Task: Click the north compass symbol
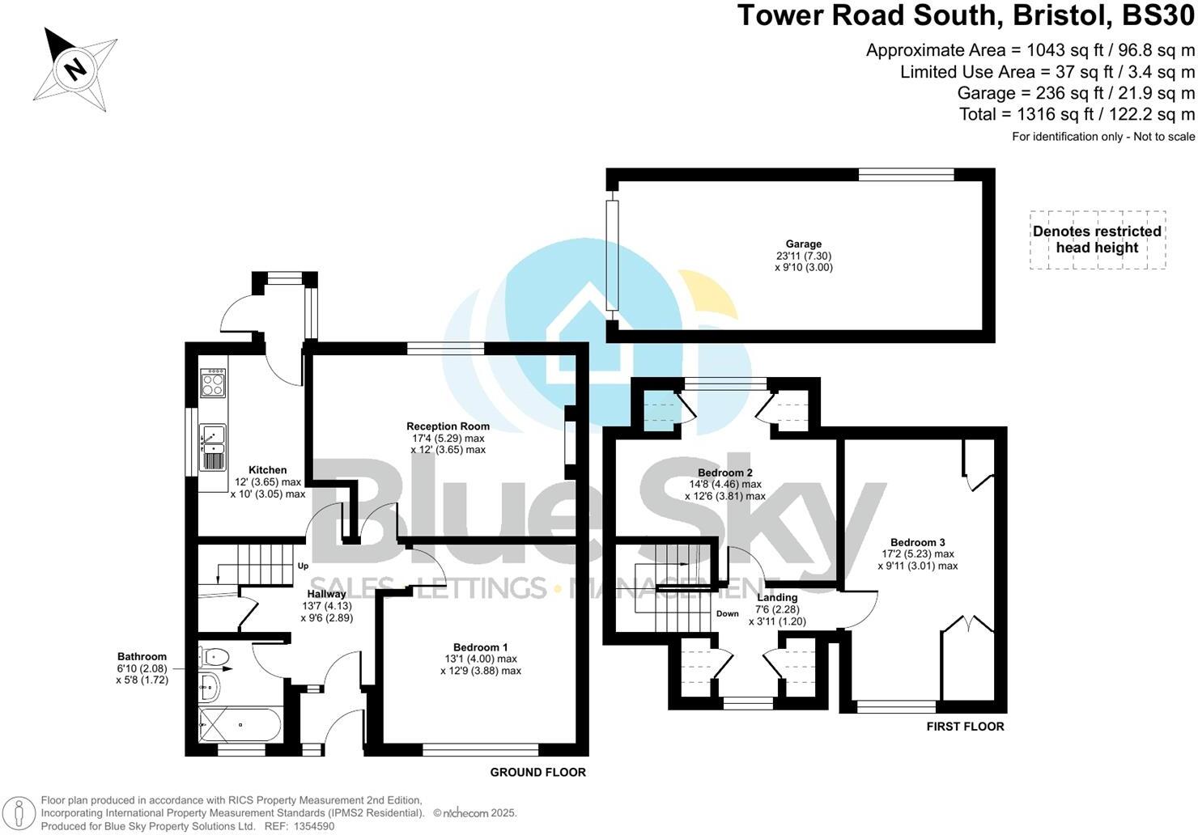tap(75, 70)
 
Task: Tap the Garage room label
tap(803, 244)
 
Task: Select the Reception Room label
tap(448, 426)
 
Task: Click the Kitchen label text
tap(267, 469)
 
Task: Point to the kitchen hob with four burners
tap(213, 382)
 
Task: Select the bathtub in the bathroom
tap(240, 724)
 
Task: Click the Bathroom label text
tap(142, 657)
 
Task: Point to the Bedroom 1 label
tap(480, 647)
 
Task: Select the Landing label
tap(777, 598)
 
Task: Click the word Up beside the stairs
tap(303, 566)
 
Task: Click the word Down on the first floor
tap(727, 613)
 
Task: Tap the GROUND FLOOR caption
tap(537, 772)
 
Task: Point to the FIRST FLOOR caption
tap(965, 727)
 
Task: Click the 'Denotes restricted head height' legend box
tap(1097, 239)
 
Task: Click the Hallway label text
tap(326, 594)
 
